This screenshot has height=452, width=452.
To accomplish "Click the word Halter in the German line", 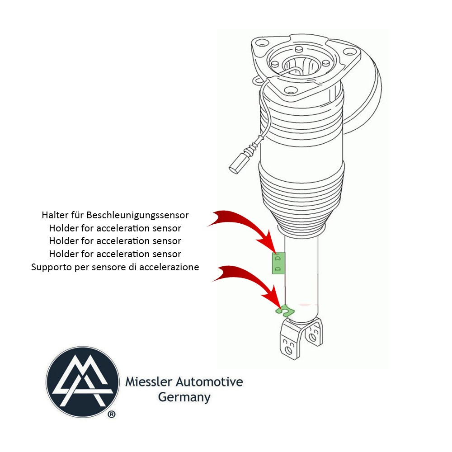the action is [x=55, y=214].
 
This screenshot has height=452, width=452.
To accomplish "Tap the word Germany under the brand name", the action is [x=184, y=397].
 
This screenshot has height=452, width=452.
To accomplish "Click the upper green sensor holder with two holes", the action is [x=278, y=263].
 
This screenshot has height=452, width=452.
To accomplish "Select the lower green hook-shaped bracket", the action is [x=284, y=310].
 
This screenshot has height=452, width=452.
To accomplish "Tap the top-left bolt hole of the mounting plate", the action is [x=259, y=45].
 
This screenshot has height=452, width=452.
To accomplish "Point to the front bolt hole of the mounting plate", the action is [x=290, y=90].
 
